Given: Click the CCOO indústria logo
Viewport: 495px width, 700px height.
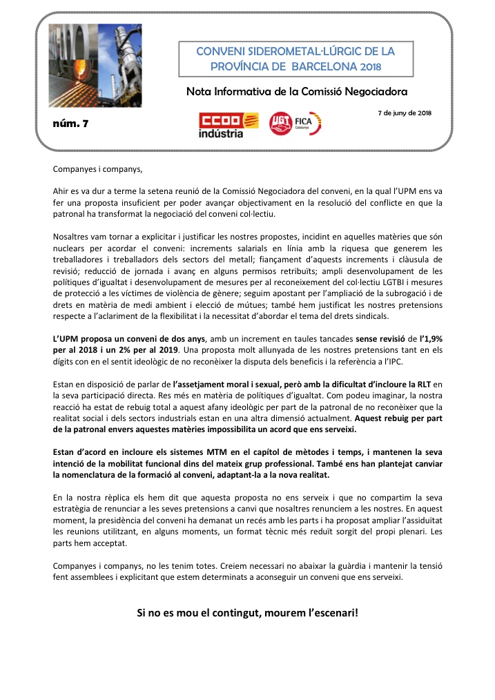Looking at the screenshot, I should tap(220, 125).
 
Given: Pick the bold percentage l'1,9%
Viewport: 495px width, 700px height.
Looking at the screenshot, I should tap(429, 339).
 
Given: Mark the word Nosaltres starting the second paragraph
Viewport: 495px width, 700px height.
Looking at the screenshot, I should tap(74, 237).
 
